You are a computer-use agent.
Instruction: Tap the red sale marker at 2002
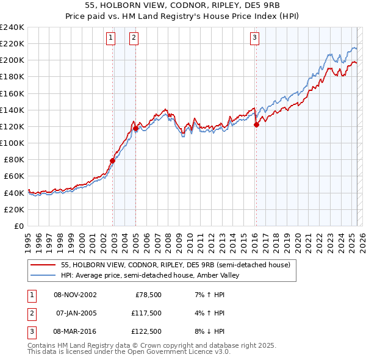(x=113, y=160)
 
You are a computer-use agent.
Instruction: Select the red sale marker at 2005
(x=135, y=128)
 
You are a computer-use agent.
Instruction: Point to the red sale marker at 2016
(x=256, y=124)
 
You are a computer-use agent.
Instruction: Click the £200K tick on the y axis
(x=12, y=60)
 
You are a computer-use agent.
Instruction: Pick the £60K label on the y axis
(x=13, y=176)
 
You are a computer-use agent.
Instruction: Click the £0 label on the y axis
(x=19, y=226)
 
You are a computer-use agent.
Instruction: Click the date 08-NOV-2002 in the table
(x=75, y=294)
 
